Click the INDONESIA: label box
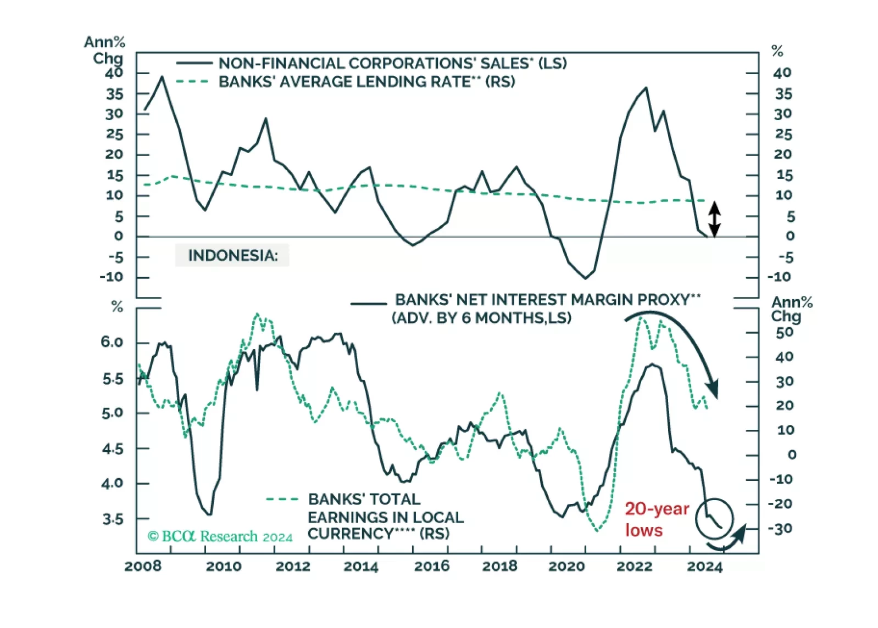click(232, 255)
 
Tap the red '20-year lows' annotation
click(656, 519)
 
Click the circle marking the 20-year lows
click(714, 518)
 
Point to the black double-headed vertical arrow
click(714, 219)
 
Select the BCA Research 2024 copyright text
click(220, 536)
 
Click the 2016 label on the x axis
click(431, 566)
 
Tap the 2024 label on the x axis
click(704, 566)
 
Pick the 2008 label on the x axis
click(143, 566)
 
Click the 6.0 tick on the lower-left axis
click(112, 342)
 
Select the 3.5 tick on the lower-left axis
click(112, 519)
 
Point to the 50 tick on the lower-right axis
click(785, 332)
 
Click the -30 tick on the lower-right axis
click(780, 529)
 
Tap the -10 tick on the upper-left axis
click(112, 277)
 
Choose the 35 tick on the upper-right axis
click(783, 94)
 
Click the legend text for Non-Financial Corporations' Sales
click(392, 63)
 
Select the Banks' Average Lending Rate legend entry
click(366, 82)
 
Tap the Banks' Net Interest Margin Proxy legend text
click(547, 300)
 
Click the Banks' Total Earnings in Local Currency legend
click(385, 516)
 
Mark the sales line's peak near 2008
click(162, 77)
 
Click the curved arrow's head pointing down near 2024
click(713, 389)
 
